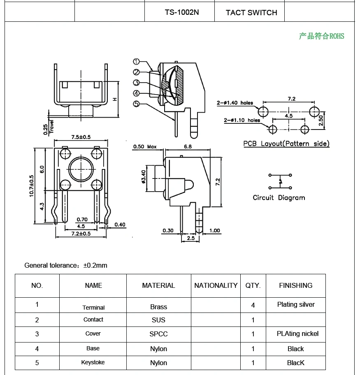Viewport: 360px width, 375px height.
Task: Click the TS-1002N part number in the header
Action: [x=182, y=12]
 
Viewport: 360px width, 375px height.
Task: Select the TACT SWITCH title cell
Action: [x=251, y=13]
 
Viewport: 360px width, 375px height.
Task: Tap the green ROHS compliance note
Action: [x=321, y=36]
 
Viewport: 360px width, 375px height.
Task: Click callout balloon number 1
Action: [x=137, y=62]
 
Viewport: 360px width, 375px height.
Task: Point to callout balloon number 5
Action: [x=137, y=104]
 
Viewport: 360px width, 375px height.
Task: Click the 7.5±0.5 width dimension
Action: [x=81, y=137]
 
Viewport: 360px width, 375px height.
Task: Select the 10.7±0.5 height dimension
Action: [x=32, y=186]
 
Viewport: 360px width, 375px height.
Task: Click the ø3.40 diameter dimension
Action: [x=144, y=177]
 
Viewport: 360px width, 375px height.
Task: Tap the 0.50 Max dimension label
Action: [x=145, y=147]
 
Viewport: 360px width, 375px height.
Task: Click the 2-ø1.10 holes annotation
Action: [x=242, y=120]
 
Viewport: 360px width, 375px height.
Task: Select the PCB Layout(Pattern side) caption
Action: [x=286, y=144]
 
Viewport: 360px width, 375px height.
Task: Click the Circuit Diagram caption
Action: [x=279, y=198]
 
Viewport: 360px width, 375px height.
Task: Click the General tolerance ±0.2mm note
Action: [x=66, y=265]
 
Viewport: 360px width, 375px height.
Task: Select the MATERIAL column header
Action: [x=158, y=285]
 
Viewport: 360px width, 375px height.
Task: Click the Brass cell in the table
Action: [x=158, y=307]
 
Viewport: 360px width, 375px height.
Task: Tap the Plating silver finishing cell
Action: [x=295, y=305]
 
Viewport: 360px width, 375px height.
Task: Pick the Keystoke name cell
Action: [x=93, y=362]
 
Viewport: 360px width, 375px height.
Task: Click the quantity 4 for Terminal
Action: [x=253, y=305]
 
